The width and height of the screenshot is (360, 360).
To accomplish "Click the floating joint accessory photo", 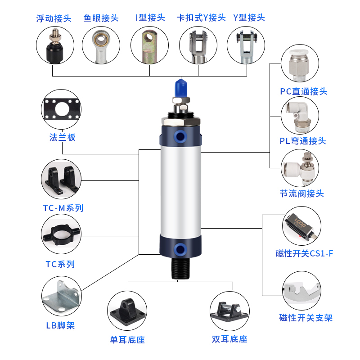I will (54, 45).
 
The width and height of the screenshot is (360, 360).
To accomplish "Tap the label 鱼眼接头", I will (101, 18).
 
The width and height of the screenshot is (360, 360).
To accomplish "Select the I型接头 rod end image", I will (149, 45).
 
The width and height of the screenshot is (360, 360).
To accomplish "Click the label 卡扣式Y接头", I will (201, 18).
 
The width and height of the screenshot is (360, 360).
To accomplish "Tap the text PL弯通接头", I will (302, 141).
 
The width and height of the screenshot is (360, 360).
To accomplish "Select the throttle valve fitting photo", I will (301, 169).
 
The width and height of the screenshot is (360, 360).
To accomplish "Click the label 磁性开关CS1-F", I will (304, 253).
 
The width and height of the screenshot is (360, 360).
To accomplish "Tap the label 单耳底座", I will (127, 339).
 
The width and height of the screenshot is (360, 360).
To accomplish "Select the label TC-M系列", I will (63, 208).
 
